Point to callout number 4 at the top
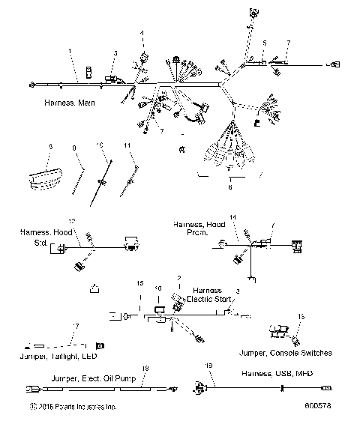pos(142,33)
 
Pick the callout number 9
pos(74,148)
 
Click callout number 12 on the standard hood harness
pos(72,221)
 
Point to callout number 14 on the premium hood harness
pos(233,216)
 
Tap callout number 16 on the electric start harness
pos(157,288)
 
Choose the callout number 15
pos(139,283)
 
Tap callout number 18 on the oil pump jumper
pos(145,368)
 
